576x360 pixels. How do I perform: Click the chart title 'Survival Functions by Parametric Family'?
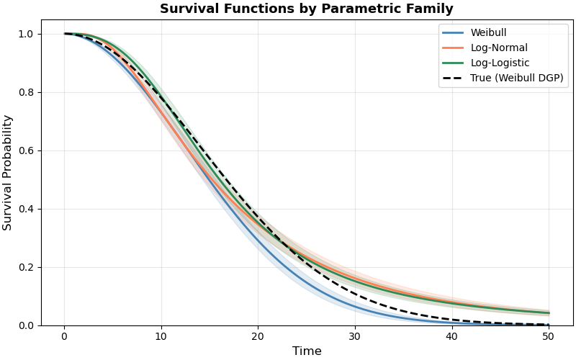pos(306,9)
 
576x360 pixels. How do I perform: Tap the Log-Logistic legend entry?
pos(500,63)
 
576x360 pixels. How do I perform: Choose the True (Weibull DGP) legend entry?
pos(516,78)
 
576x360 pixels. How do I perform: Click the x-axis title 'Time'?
pos(307,351)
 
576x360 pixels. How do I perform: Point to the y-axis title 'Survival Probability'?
pos(8,173)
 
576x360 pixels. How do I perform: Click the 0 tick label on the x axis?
pos(64,337)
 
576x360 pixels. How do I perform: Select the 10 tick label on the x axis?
pos(161,337)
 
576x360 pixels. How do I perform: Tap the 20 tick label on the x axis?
pos(258,337)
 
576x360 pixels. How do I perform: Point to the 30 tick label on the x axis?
pos(355,337)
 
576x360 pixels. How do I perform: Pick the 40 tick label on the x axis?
pos(452,337)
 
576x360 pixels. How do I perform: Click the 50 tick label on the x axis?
pos(549,337)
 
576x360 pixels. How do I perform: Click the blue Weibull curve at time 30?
pos(355,307)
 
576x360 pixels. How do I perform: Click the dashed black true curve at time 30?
pos(355,294)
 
